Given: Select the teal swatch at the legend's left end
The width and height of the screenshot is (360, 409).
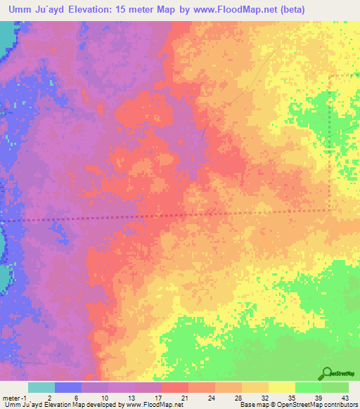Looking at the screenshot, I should click(x=41, y=387).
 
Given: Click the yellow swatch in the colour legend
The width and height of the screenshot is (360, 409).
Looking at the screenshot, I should click(x=281, y=387).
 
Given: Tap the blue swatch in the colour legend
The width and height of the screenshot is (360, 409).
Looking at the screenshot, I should click(x=67, y=387).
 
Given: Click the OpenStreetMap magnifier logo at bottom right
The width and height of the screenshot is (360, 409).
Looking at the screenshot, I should click(x=328, y=372).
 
